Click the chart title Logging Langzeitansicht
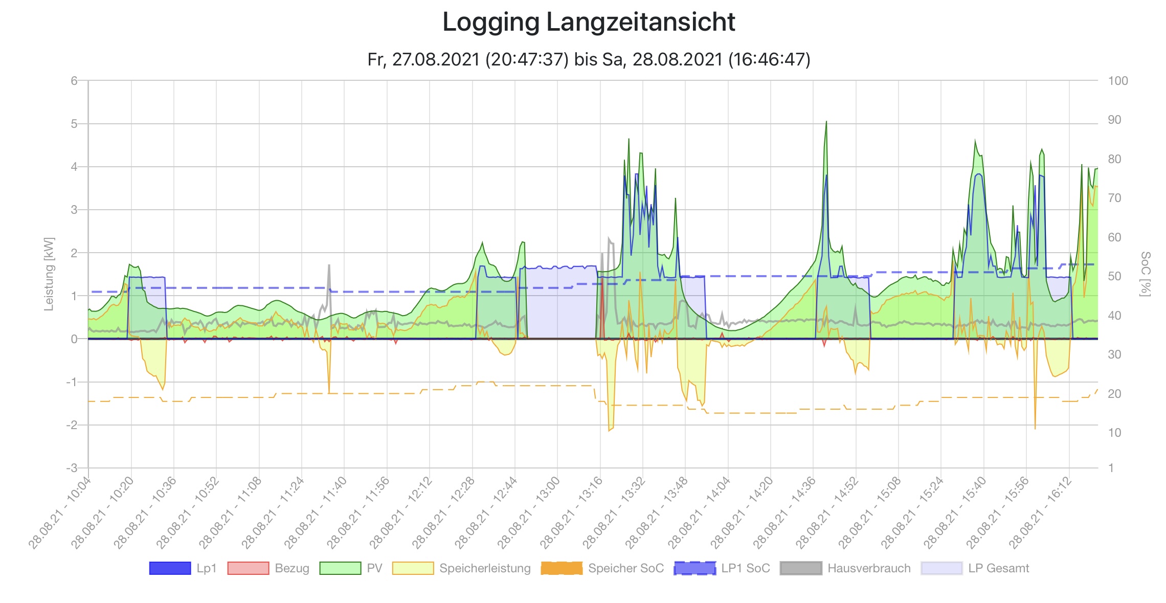[x=589, y=22]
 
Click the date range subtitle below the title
[x=589, y=60]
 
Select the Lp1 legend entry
[x=183, y=568]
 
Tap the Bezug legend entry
[x=268, y=568]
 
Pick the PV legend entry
[x=351, y=568]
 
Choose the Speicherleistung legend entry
[x=462, y=568]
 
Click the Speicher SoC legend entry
[x=602, y=568]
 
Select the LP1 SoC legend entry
[x=722, y=568]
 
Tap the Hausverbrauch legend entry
[x=846, y=568]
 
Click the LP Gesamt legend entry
[x=975, y=568]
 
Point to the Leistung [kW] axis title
[x=49, y=274]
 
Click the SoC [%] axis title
[x=1146, y=274]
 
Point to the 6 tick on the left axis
[x=75, y=81]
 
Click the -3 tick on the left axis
[x=72, y=468]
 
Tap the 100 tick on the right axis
[x=1117, y=81]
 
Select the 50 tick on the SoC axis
[x=1114, y=276]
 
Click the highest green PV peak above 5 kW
[x=826, y=122]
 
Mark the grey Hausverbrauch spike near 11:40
[x=329, y=266]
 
